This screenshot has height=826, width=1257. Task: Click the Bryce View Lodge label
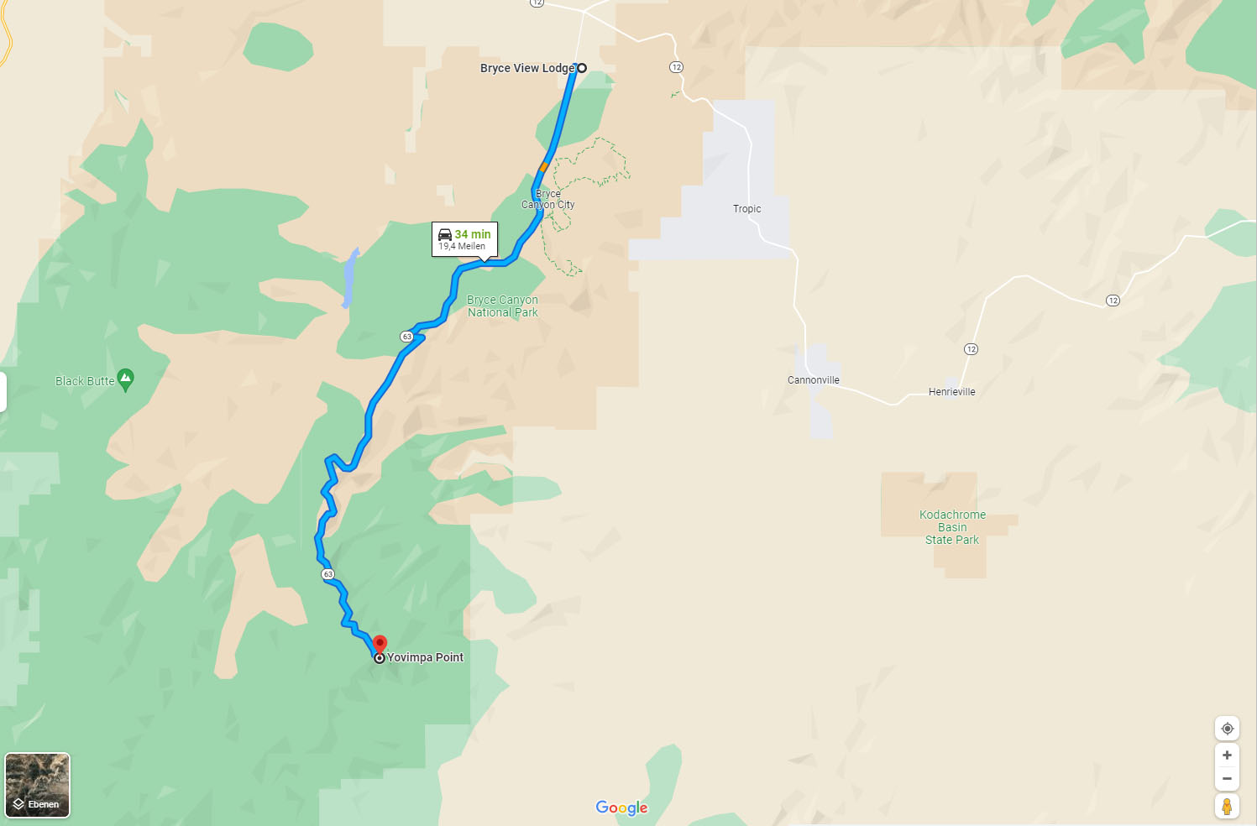tap(526, 69)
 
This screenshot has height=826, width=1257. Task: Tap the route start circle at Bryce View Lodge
tap(581, 68)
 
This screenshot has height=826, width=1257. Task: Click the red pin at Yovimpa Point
tap(380, 645)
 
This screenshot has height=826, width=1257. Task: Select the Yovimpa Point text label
tap(425, 657)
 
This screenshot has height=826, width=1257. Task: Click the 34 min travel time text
tap(473, 234)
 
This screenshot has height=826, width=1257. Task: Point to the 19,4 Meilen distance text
tap(462, 247)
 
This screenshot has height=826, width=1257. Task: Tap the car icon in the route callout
tap(445, 235)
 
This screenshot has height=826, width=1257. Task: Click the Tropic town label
tap(746, 209)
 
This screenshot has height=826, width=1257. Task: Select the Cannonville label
tap(813, 380)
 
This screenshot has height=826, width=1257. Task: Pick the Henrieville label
tap(951, 392)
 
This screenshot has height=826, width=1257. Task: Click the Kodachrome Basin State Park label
tap(952, 527)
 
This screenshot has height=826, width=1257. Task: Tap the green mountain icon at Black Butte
tap(126, 379)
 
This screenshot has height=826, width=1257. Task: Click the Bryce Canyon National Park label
tap(502, 306)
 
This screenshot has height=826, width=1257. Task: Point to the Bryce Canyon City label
tap(548, 199)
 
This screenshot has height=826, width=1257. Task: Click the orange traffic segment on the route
tap(543, 167)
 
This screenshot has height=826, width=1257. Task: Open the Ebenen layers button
tap(38, 785)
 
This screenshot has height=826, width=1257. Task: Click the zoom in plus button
tap(1227, 755)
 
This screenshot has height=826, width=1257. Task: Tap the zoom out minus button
tap(1227, 779)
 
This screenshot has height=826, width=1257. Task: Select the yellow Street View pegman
tap(1227, 807)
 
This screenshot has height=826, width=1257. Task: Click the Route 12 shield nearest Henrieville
tap(971, 349)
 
